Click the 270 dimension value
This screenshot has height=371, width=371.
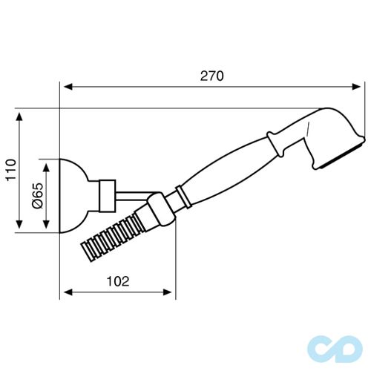pyautogui.click(x=211, y=76)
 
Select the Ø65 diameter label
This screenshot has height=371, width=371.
pyautogui.click(x=37, y=196)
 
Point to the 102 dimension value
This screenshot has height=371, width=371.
pyautogui.click(x=118, y=280)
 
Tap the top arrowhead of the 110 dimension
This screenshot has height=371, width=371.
pyautogui.click(x=20, y=117)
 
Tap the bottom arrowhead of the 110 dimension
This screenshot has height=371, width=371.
pyautogui.click(x=20, y=231)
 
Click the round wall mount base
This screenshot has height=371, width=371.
pyautogui.click(x=74, y=196)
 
